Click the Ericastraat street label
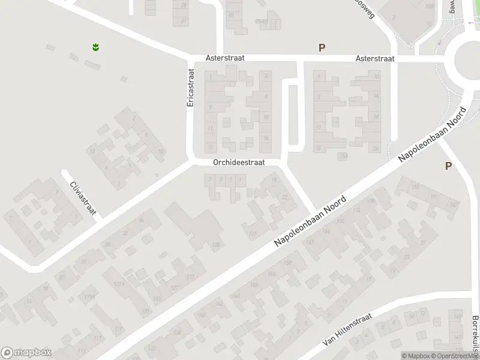(191, 88)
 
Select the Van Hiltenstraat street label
(347, 331)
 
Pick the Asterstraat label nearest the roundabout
(374, 59)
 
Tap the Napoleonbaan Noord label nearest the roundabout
(433, 136)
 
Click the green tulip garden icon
(95, 46)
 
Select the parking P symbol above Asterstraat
(322, 48)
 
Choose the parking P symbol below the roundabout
(448, 166)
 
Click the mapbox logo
(26, 352)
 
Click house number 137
(253, 233)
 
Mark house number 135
(215, 244)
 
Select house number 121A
(118, 284)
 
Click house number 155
(415, 187)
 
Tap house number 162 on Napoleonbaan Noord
(310, 242)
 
